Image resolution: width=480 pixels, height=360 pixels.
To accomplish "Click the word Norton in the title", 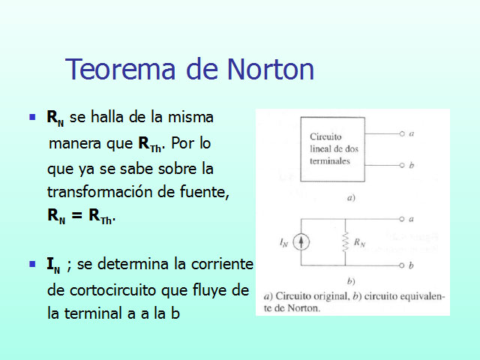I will (265, 70).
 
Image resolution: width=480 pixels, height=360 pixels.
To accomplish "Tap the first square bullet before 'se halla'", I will (32, 118).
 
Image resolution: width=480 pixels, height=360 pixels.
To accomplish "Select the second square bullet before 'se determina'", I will (32, 264).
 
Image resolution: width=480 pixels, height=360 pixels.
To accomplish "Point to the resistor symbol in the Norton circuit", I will (345, 242).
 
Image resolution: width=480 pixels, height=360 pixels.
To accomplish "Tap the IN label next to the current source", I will (283, 242).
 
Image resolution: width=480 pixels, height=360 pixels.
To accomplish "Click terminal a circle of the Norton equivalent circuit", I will (403, 220).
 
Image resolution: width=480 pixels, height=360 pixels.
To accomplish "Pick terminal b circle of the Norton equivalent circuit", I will (403, 265).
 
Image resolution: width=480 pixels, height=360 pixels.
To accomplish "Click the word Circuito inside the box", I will (326, 138).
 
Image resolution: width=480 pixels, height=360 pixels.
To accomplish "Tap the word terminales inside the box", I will (330, 160).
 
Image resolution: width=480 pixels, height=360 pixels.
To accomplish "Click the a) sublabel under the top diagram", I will (349, 199).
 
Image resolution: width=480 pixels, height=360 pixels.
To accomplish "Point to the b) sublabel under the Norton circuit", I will (349, 281).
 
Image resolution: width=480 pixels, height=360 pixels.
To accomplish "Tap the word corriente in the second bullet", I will (224, 265).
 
